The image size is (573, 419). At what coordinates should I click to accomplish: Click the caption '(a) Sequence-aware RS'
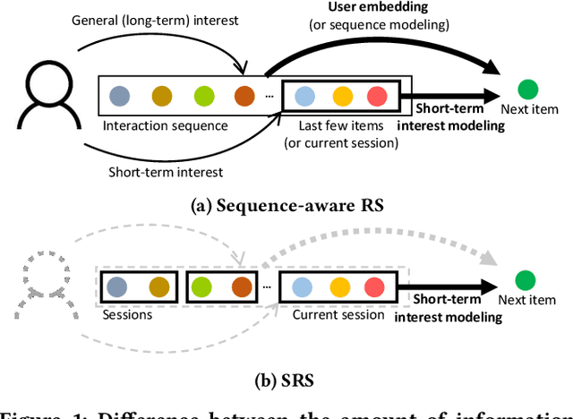pyautogui.click(x=287, y=205)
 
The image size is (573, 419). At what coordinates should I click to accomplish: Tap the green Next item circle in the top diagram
pyautogui.click(x=529, y=89)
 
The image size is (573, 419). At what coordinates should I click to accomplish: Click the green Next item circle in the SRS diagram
pyautogui.click(x=529, y=278)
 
